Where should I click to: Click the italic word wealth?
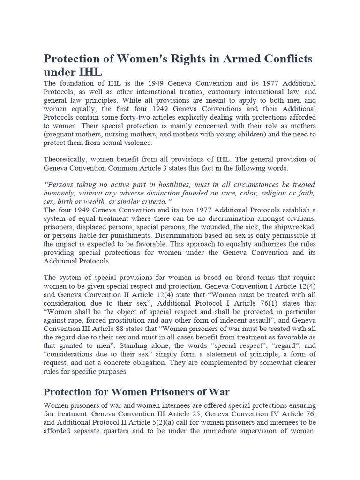(x=114, y=202)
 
